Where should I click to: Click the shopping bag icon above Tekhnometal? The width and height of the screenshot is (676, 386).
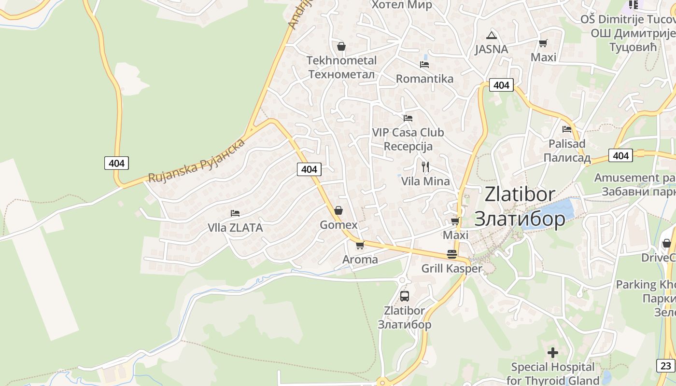341,46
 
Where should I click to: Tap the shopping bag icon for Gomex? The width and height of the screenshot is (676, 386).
338,210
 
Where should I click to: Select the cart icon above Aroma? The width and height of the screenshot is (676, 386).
360,246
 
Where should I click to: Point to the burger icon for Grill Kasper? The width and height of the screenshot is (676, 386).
452,254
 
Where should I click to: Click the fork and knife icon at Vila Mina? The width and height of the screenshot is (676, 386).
425,167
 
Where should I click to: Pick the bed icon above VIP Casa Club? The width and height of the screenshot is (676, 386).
408,118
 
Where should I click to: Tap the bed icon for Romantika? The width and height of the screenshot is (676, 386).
424,64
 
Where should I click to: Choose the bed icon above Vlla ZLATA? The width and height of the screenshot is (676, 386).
235,213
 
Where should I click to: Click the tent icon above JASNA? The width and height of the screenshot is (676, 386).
492,35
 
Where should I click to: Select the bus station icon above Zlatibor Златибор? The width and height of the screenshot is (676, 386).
405,296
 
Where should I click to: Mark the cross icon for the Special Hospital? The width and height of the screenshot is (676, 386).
553,353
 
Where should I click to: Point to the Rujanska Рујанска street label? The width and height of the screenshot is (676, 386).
197,161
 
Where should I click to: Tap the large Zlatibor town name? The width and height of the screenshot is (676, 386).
520,206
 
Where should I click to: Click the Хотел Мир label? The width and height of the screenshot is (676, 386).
401,5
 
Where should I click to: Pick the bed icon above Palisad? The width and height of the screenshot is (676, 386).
567,129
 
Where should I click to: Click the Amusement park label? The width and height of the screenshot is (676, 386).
634,178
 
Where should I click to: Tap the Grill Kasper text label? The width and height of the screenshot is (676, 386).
452,269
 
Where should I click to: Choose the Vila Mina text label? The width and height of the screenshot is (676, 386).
425,181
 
